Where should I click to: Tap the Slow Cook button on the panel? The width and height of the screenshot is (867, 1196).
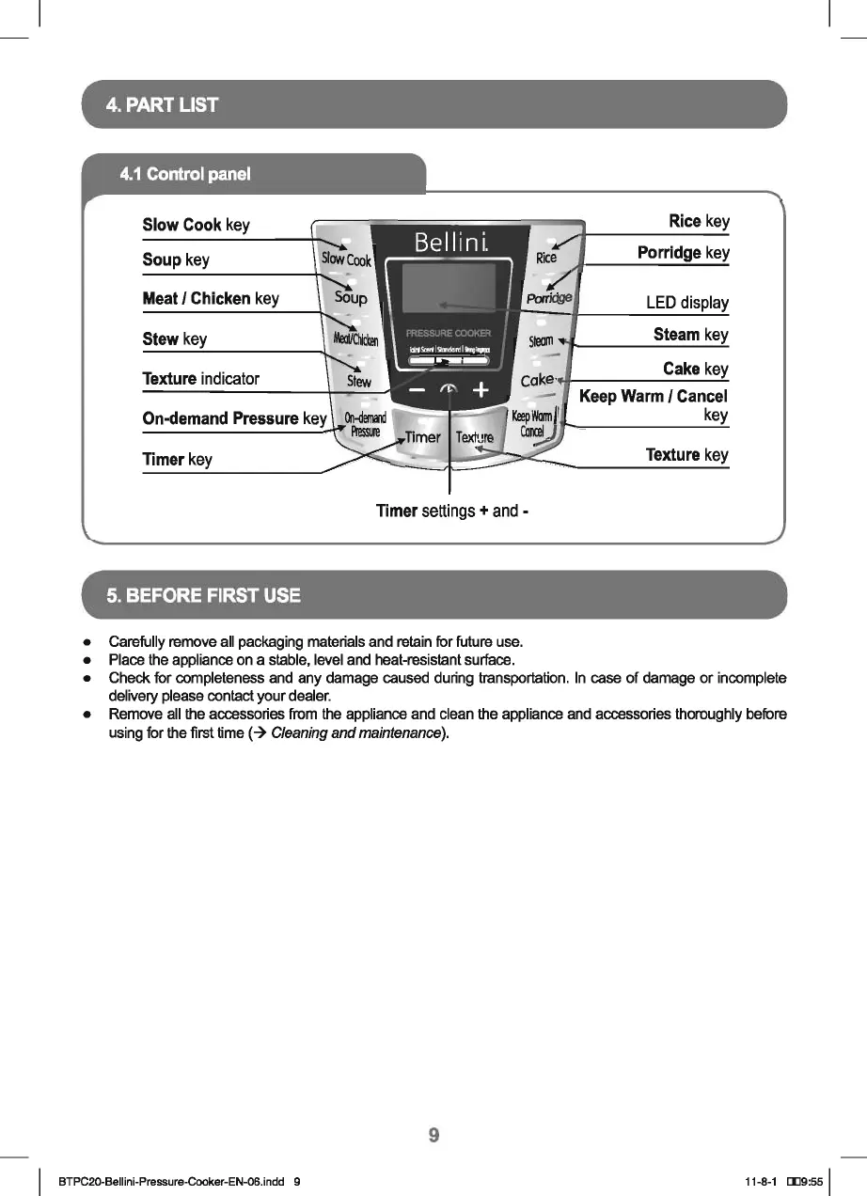pos(346,259)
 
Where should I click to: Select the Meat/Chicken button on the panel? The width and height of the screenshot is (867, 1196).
pos(356,339)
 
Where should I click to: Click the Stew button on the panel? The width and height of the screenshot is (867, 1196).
pos(359,381)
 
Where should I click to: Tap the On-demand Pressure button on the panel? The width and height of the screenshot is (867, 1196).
pos(360,425)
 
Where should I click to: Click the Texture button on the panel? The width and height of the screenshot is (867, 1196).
pos(474,437)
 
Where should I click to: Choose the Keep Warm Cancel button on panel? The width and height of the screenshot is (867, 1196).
pos(532,424)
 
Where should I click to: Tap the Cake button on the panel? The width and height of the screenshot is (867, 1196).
pos(539,380)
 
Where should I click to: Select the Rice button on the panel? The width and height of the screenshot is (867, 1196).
pos(546,257)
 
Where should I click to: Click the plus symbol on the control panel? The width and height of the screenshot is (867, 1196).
pos(481,389)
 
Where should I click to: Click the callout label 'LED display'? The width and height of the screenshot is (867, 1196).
pos(686,303)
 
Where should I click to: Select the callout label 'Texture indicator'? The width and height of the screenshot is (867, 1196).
pos(200,379)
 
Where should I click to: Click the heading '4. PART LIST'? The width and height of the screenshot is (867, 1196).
pos(163,104)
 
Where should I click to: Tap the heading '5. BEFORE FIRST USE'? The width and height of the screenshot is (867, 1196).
pos(203,595)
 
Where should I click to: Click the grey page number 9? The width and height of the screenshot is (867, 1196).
pos(433,1135)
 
